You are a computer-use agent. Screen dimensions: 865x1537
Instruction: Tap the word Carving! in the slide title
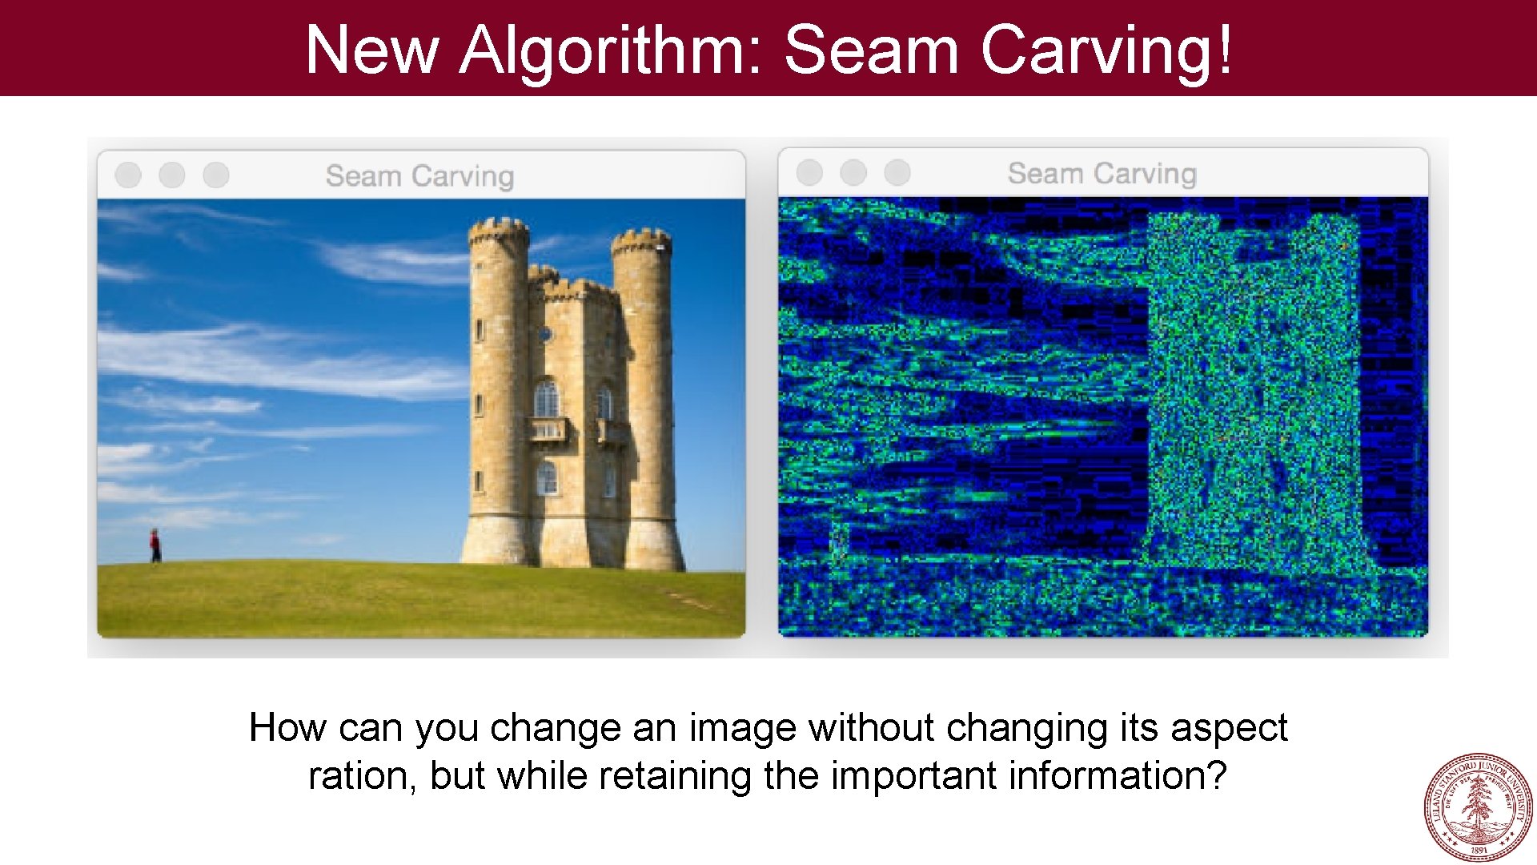pyautogui.click(x=1106, y=50)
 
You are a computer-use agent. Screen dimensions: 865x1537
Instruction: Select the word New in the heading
pyautogui.click(x=371, y=50)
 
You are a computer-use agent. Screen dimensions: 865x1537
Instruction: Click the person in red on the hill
pyautogui.click(x=155, y=545)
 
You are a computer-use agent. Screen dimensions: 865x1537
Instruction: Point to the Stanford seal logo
pyautogui.click(x=1479, y=807)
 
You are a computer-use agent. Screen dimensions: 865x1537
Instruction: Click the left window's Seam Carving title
pyautogui.click(x=419, y=175)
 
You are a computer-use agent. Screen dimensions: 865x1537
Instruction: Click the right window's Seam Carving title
pyautogui.click(x=1102, y=173)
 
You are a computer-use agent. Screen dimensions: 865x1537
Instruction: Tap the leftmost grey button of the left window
pyautogui.click(x=128, y=175)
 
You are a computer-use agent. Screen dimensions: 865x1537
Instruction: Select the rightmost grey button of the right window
pyautogui.click(x=897, y=171)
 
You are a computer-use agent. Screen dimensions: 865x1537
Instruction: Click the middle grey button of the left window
pyautogui.click(x=172, y=175)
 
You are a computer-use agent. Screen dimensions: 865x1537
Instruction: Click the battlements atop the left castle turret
pyautogui.click(x=498, y=231)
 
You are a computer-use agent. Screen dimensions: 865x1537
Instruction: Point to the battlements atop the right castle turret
pyautogui.click(x=640, y=239)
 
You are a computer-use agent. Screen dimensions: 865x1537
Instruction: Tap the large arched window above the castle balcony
pyautogui.click(x=546, y=398)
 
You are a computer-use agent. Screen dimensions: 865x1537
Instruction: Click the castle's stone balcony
pyautogui.click(x=548, y=430)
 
